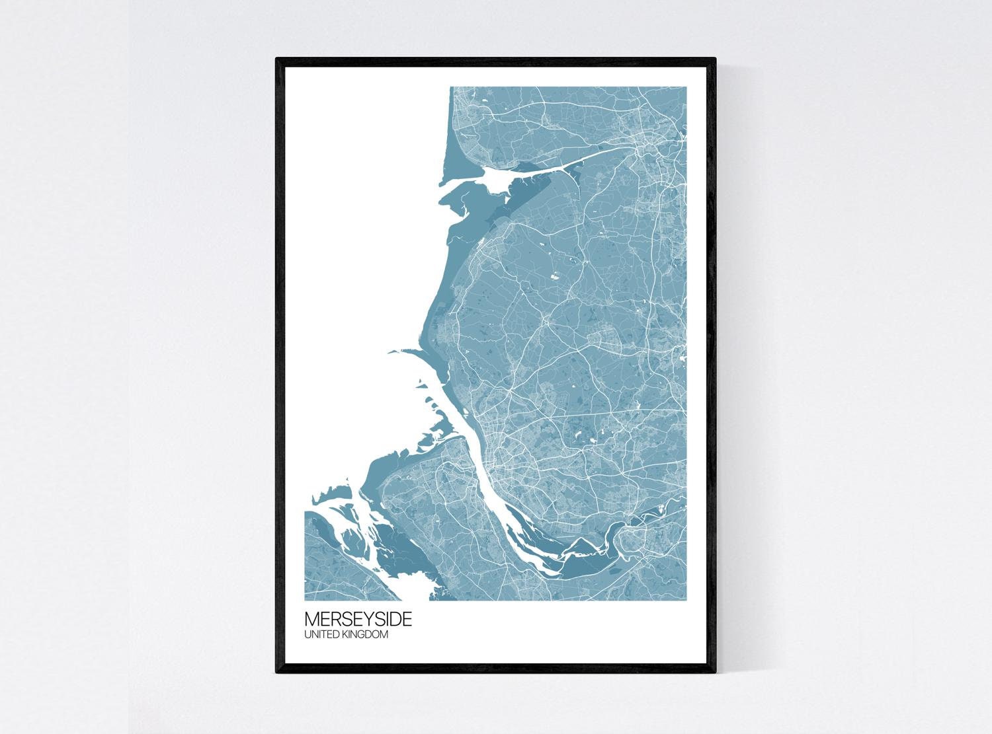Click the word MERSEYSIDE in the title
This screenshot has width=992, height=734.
click(358, 620)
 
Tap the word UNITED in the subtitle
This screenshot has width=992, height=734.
click(320, 635)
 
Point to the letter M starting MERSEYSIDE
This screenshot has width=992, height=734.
click(311, 620)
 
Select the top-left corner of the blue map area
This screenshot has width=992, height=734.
click(450, 88)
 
